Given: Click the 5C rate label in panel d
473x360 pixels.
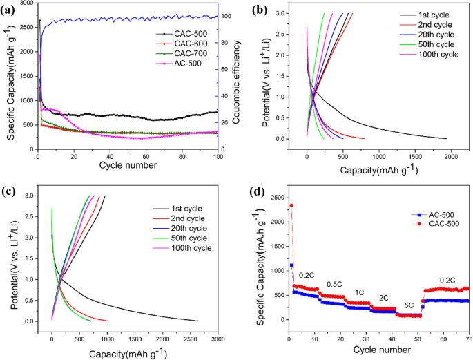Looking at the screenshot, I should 409,305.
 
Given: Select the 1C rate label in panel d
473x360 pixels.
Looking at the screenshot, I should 360,292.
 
